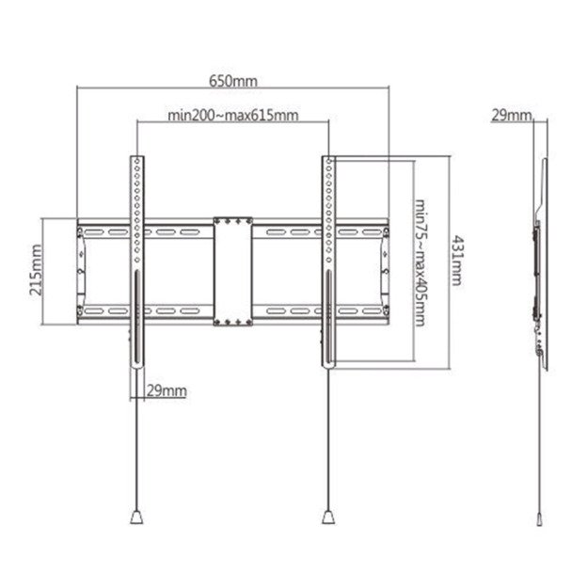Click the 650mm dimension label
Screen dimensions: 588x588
232,81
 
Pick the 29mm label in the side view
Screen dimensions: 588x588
511,115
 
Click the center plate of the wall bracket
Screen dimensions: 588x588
231,272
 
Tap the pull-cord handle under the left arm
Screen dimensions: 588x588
135,516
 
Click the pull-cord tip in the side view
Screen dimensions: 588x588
540,518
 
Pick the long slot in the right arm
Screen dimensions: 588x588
327,320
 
